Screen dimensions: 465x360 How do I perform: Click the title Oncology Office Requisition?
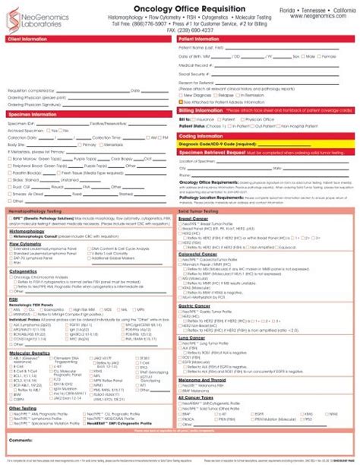click(x=179, y=10)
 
